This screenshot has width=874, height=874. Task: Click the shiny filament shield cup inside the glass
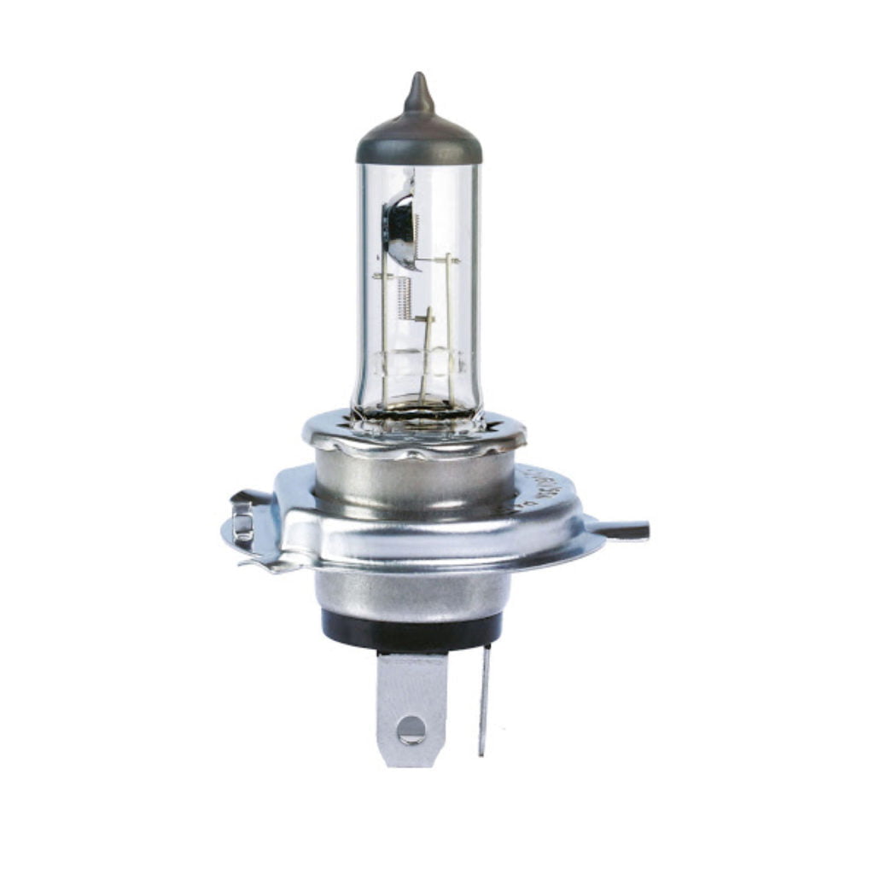click(399, 227)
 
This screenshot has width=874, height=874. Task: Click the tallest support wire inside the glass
click(449, 324)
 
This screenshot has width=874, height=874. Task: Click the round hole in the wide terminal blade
click(411, 728)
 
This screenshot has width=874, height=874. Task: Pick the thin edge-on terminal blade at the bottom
click(485, 700)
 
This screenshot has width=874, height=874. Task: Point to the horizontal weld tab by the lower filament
click(424, 318)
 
